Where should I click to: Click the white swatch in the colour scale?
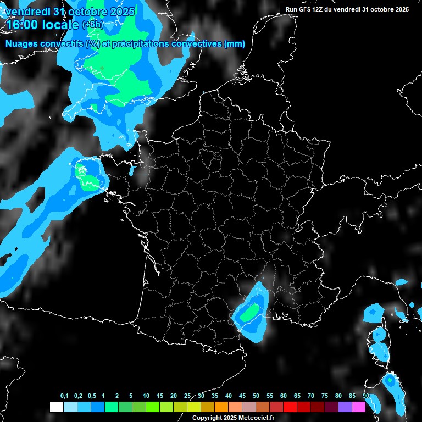pyautogui.click(x=56, y=407)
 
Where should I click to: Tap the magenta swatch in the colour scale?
pyautogui.click(x=359, y=407)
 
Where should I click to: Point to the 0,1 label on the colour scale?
pyautogui.click(x=64, y=396)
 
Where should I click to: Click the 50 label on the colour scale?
pyautogui.click(x=256, y=396)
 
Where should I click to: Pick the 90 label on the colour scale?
pyautogui.click(x=365, y=396)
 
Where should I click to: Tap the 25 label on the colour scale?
pyautogui.click(x=187, y=396)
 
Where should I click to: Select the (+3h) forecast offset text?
pyautogui.click(x=92, y=25)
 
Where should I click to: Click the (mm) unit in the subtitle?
pyautogui.click(x=235, y=44)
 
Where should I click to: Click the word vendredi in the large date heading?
pyautogui.click(x=27, y=11)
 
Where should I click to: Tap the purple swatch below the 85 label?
pyautogui.click(x=345, y=407)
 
